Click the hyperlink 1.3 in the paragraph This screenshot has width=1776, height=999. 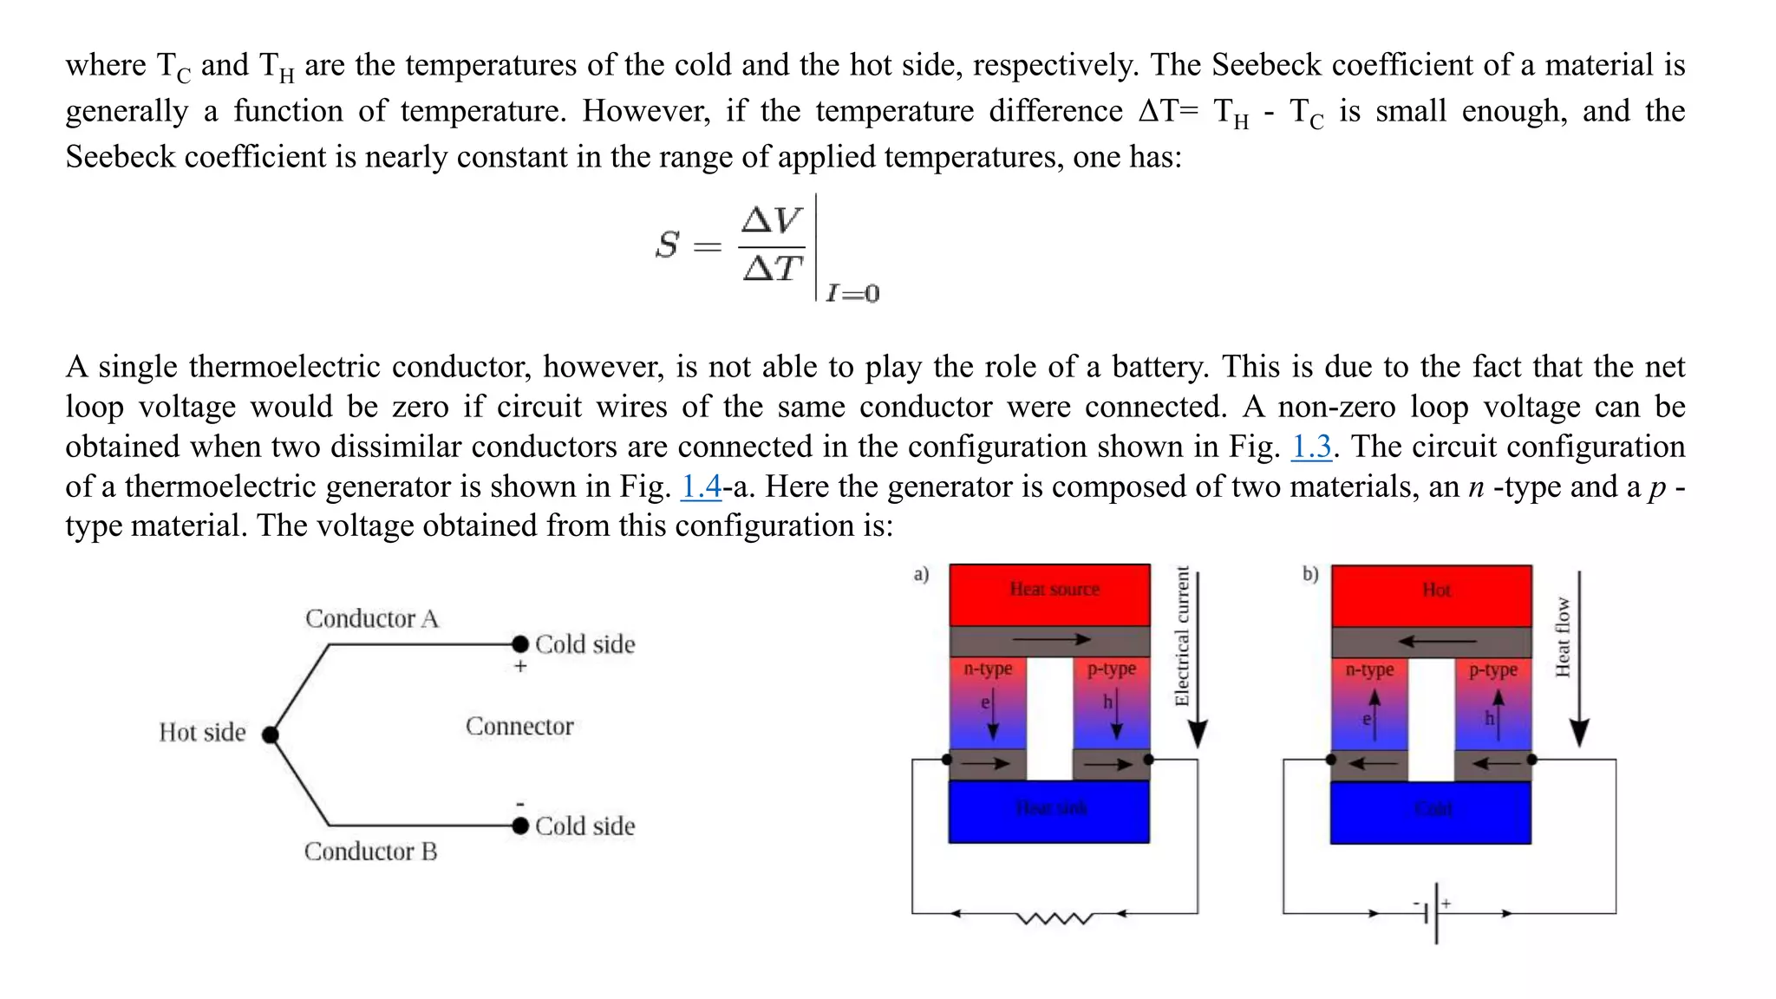1310,447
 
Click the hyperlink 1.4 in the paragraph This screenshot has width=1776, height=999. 701,486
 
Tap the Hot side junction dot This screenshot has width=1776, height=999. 271,735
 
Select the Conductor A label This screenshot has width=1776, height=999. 372,618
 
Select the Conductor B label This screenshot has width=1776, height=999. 370,852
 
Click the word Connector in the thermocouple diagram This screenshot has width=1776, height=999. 519,726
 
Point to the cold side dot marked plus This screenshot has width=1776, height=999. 520,644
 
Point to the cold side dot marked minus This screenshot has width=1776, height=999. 520,826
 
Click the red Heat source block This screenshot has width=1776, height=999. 1050,595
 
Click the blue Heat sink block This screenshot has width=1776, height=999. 1049,811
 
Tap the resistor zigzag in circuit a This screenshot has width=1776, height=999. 1054,917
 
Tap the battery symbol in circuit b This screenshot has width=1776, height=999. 1435,913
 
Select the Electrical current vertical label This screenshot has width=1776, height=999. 1181,636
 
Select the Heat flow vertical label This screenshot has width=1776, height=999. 1562,637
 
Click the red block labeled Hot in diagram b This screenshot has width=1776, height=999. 1432,595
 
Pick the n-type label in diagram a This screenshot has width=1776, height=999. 988,669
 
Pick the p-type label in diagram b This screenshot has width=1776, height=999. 1493,669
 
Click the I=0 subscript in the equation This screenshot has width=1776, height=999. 852,293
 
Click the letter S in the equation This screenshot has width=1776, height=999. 667,245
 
